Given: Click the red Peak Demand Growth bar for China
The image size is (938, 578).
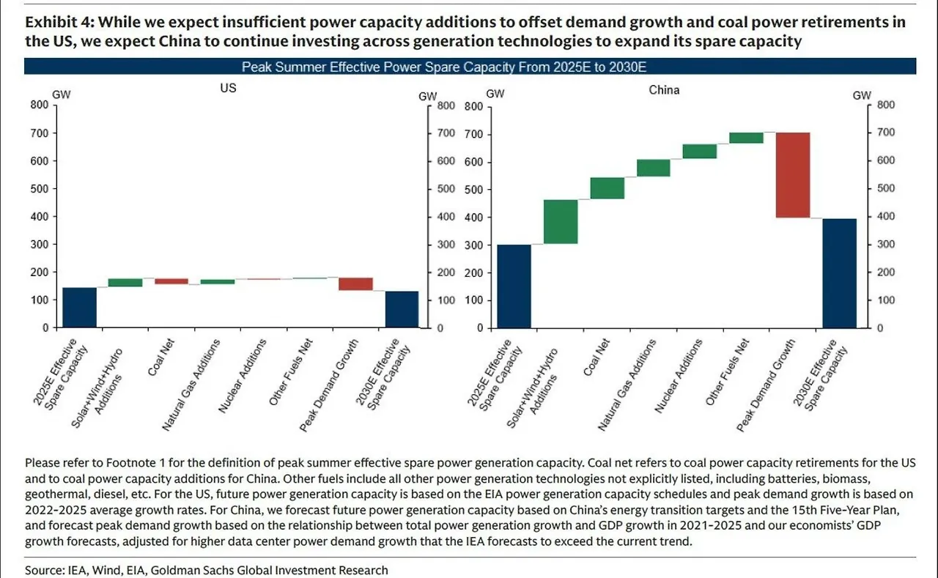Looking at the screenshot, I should (793, 175).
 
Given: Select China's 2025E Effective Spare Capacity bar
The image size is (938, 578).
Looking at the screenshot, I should (514, 286).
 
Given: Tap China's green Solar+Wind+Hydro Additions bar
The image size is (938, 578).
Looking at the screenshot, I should (561, 221).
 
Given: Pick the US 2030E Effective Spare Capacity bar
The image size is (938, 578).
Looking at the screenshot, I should (402, 309).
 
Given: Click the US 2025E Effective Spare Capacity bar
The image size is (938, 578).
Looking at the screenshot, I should (79, 308).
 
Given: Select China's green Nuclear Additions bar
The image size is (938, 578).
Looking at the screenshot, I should (700, 151).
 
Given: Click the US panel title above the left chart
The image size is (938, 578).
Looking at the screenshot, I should (228, 86).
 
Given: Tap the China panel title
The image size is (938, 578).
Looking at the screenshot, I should (664, 90).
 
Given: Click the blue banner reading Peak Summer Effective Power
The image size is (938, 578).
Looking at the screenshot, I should (469, 67).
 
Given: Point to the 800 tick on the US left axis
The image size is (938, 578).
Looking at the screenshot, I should (38, 105).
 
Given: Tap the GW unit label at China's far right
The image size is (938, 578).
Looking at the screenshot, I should (862, 95).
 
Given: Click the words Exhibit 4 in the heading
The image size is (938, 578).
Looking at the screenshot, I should (55, 22).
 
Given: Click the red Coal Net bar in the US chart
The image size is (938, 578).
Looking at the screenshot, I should (171, 281).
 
